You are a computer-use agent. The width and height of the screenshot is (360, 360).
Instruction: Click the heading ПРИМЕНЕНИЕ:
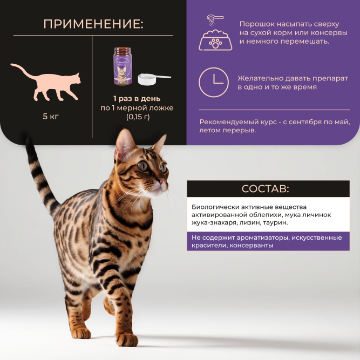pos(93,24)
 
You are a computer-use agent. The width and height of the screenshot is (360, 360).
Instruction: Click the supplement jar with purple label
pos(122,66)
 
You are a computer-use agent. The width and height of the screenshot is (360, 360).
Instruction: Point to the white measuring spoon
pos(151,79)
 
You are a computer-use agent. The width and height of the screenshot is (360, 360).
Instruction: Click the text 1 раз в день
pos(137,98)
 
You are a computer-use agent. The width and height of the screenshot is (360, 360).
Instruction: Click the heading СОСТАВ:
pos(266,189)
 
